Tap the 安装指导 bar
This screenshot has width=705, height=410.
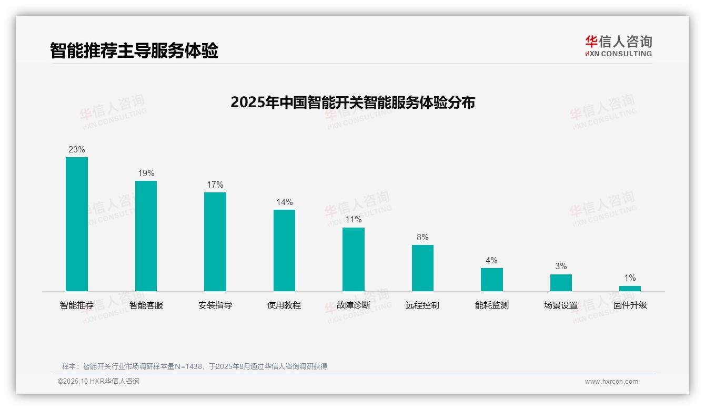pos(215,241)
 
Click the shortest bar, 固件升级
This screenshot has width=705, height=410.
pos(630,288)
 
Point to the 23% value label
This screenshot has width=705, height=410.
pos(77,150)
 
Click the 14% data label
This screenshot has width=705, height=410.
pos(285,202)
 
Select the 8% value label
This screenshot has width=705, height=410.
pos(422,238)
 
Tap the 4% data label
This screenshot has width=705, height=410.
pos(491,261)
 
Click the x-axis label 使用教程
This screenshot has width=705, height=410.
pos(284,305)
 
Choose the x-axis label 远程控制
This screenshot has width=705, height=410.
pos(422,305)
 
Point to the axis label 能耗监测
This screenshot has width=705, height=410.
pos(491,305)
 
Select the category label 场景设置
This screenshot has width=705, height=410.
pos(561,305)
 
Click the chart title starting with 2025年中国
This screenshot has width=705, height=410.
pos(352,102)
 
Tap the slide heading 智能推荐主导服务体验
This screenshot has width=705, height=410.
pos(134,51)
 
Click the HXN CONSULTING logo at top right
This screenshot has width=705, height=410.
pos(618,46)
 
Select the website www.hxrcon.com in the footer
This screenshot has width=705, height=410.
pos(611,382)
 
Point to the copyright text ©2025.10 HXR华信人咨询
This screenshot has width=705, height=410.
pos(99,382)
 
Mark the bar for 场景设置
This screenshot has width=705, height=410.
pos(561,283)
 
